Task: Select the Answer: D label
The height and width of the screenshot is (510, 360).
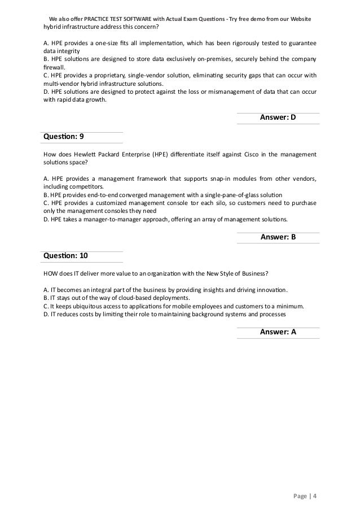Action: click(x=278, y=117)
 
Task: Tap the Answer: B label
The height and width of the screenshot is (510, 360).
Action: click(x=278, y=237)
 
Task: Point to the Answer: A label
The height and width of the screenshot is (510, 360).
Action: click(x=278, y=332)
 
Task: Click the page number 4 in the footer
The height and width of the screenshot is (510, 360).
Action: click(x=315, y=496)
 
